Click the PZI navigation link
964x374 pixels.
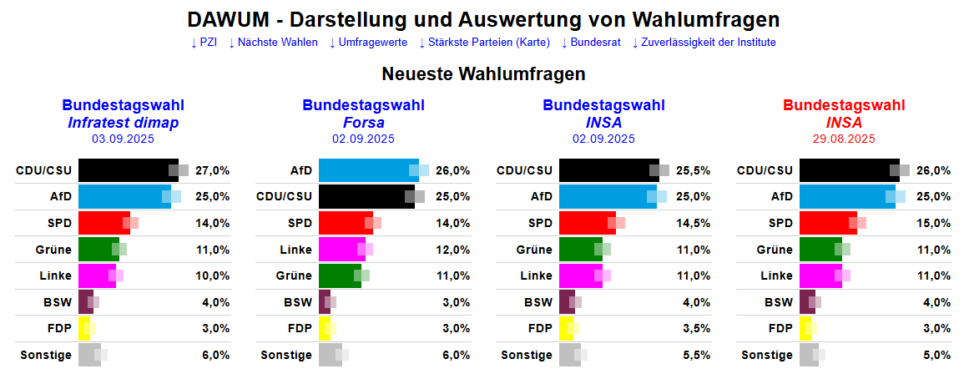[x=204, y=43]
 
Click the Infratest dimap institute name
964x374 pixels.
[x=123, y=123]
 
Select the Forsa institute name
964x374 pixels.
[x=363, y=123]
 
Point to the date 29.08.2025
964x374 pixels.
[x=844, y=139]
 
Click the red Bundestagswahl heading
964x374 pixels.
[x=844, y=105]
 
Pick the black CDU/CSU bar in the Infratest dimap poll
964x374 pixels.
[x=125, y=170]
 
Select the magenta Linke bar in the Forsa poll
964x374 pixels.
[x=341, y=249]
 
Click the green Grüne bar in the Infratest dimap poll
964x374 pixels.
[x=97, y=249]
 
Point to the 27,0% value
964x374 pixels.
[x=212, y=170]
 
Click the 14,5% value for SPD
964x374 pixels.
[x=693, y=223]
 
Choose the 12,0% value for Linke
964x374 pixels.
[x=452, y=249]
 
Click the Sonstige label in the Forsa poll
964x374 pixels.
[x=286, y=355]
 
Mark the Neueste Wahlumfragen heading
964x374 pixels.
[x=483, y=73]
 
